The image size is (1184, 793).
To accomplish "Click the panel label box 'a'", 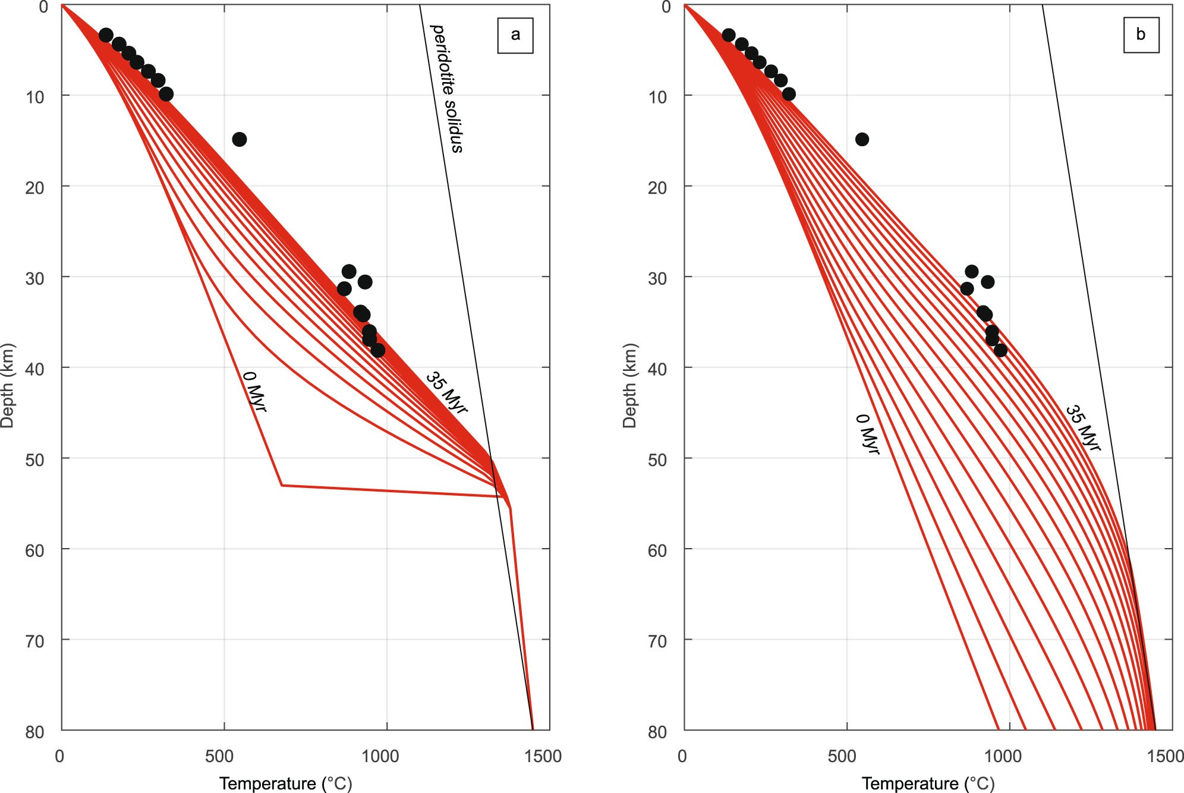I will [515, 35].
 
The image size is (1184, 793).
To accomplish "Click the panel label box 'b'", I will [1141, 34].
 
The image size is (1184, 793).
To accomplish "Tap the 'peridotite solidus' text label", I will [446, 89].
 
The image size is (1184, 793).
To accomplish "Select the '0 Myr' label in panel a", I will [254, 391].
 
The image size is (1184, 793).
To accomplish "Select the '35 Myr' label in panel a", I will [446, 392].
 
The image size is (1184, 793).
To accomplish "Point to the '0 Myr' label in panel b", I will [867, 434].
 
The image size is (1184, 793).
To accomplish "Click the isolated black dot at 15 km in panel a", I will [239, 140].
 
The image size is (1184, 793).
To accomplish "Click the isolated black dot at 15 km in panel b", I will [862, 140].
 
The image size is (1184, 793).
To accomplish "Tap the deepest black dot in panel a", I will [377, 350].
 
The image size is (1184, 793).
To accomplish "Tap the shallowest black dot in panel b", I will [728, 35].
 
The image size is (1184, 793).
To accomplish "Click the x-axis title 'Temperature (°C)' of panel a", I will [286, 783].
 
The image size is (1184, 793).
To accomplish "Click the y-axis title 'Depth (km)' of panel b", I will [629, 385].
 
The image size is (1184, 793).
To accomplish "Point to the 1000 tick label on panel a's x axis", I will [380, 756].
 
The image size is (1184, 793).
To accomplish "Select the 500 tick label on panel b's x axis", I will [842, 756].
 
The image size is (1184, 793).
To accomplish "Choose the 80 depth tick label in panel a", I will [34, 732].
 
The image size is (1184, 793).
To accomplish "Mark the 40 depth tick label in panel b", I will [657, 369].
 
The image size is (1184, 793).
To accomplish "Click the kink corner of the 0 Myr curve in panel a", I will [282, 485].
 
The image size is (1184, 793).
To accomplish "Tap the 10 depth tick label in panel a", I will [34, 97].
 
